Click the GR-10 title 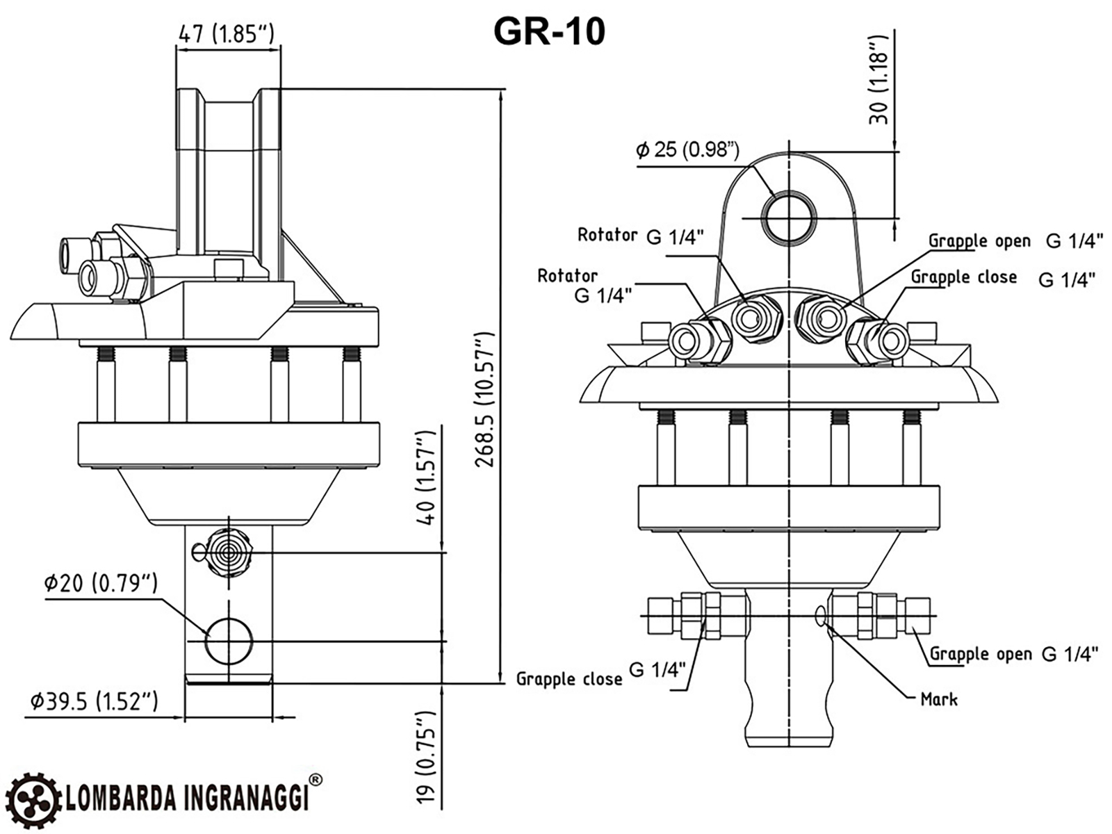(x=548, y=31)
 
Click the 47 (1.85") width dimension (x=227, y=33)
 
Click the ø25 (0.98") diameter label (x=687, y=149)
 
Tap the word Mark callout (x=938, y=699)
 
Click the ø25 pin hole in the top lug (x=790, y=214)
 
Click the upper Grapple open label (x=979, y=241)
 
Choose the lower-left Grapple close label (x=569, y=679)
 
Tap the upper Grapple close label (x=963, y=277)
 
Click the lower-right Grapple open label (x=981, y=654)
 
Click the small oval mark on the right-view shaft (x=821, y=614)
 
